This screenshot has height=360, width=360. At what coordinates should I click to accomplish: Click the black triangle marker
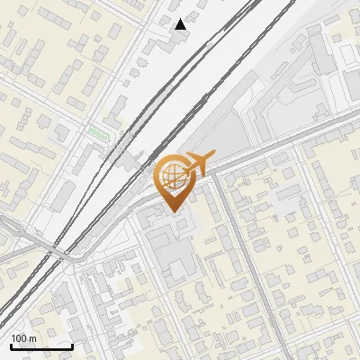click(181, 24)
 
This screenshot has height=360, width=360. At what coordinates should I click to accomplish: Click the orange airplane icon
click(197, 164)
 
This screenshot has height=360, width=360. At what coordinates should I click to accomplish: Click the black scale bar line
click(41, 346)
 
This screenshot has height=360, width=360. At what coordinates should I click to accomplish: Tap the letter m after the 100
click(31, 338)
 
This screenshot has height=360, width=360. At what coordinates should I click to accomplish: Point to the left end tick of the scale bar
click(11, 345)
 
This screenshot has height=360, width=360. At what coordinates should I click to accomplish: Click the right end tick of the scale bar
click(72, 345)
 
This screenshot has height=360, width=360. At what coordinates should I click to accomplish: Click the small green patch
click(97, 132)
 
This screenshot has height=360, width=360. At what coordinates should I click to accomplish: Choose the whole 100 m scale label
click(23, 338)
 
